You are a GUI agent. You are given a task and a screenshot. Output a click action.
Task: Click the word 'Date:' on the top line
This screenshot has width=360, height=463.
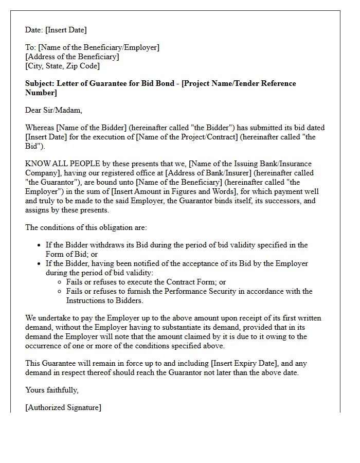pyautogui.click(x=34, y=30)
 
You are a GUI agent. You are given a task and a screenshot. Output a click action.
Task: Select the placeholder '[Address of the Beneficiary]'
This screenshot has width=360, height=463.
pyautogui.click(x=72, y=57)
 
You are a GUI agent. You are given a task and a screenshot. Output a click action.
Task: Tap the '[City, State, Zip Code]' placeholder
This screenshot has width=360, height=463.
pyautogui.click(x=62, y=66)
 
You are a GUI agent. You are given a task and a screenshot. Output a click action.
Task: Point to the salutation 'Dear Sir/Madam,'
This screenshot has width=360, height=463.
pyautogui.click(x=53, y=110)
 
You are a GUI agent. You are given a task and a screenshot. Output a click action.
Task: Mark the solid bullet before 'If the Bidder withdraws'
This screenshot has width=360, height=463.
pyautogui.click(x=39, y=245)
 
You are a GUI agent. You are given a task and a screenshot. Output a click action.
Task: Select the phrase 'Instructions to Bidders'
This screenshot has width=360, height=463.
pyautogui.click(x=104, y=300)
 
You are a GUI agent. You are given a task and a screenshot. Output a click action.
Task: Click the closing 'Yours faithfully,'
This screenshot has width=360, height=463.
pyautogui.click(x=52, y=390)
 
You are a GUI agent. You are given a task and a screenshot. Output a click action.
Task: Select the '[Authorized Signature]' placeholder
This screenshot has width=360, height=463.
pyautogui.click(x=63, y=407)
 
